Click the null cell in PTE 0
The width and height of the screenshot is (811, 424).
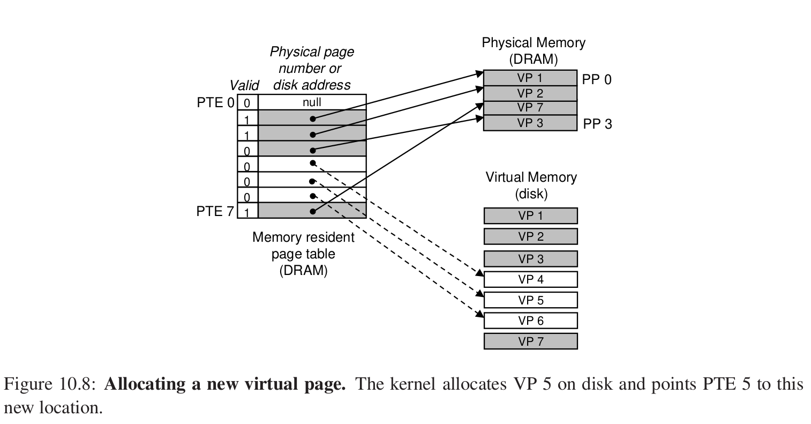click(x=312, y=102)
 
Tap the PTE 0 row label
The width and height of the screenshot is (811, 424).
click(x=215, y=102)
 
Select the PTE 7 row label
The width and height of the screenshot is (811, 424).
click(x=215, y=211)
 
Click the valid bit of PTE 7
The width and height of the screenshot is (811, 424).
click(x=247, y=212)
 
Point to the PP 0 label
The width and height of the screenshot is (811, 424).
click(x=597, y=80)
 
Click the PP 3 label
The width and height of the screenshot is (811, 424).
click(x=597, y=124)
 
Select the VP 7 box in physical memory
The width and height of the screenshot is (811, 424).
click(x=530, y=108)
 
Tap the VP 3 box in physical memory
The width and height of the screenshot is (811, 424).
click(x=530, y=123)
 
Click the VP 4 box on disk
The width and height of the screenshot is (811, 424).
click(x=530, y=279)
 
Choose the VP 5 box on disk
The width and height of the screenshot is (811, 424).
click(x=530, y=300)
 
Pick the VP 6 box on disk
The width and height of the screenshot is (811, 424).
click(x=530, y=321)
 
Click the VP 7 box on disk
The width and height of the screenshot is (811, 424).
click(x=530, y=341)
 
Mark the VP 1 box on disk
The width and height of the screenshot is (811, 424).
click(x=530, y=215)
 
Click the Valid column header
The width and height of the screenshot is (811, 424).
click(x=244, y=85)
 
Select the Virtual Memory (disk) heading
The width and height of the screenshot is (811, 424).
click(x=531, y=185)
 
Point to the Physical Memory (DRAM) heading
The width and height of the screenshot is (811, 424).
click(x=534, y=50)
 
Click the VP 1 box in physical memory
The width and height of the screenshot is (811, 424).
click(x=530, y=78)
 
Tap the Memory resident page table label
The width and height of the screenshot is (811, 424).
click(x=303, y=253)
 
